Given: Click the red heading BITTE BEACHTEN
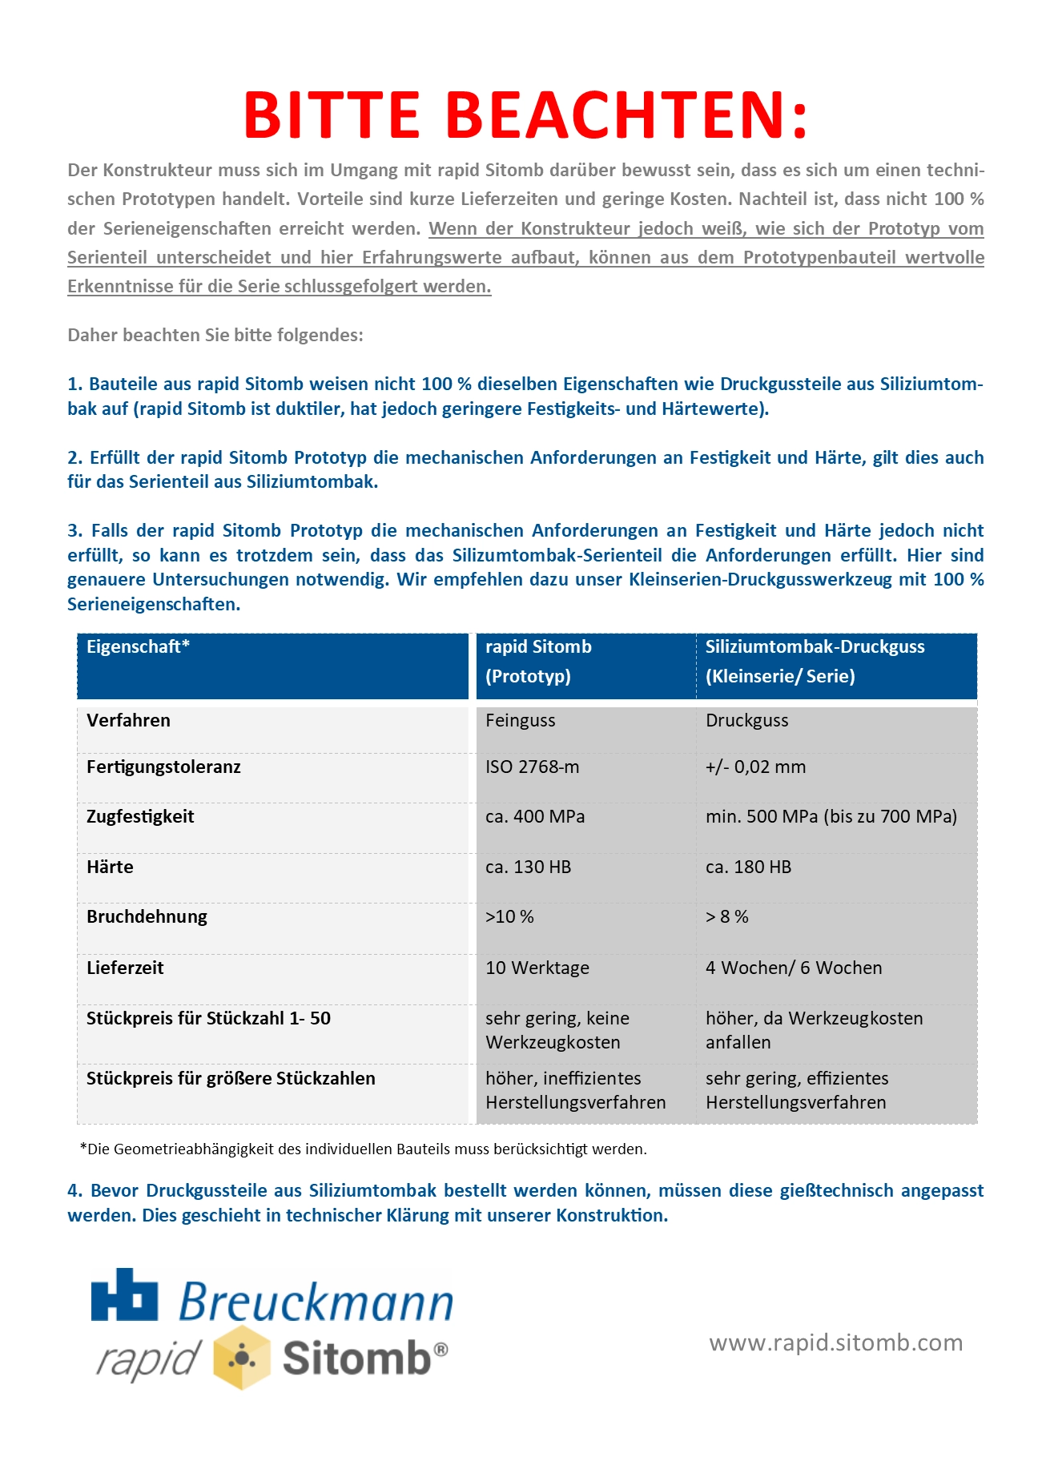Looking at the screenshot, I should [525, 115].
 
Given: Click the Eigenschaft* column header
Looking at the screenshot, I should [138, 647].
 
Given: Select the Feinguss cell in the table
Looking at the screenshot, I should [520, 721].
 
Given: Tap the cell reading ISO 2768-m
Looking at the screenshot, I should [532, 767].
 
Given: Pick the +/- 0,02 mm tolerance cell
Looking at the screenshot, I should [755, 767].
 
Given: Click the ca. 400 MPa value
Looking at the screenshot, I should [535, 817].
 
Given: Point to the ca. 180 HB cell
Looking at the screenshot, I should [748, 867].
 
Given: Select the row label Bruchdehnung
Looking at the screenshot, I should [147, 917].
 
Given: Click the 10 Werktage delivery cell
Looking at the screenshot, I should [537, 968].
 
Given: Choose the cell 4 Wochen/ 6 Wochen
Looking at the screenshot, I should [793, 968].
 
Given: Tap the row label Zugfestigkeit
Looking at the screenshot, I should [140, 817].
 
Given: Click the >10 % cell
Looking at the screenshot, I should [509, 917].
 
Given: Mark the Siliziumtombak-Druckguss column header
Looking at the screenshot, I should [815, 647].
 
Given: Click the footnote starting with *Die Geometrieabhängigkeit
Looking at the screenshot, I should [363, 1149].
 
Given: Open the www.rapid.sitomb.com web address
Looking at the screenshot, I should [835, 1343].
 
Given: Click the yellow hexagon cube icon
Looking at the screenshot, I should [241, 1358].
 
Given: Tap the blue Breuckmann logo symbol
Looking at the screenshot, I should [124, 1295].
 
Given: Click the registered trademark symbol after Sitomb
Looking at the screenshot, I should [441, 1350].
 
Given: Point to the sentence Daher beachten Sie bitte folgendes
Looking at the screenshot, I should [215, 336].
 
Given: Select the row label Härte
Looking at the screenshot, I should [110, 867].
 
